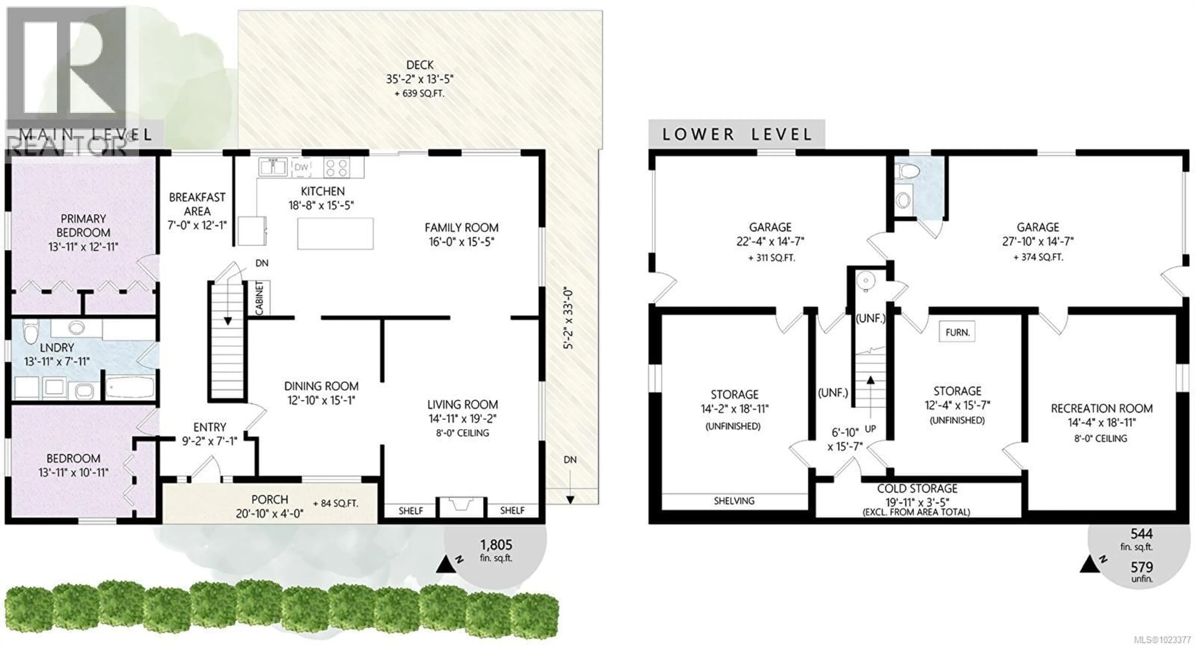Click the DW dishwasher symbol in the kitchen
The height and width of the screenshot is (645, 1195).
(x=301, y=167)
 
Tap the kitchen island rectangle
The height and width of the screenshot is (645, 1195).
(x=335, y=234)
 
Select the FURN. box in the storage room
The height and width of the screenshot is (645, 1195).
(x=957, y=332)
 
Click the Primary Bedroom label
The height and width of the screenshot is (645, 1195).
(x=83, y=225)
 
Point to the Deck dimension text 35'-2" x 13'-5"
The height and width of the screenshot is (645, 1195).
(x=419, y=79)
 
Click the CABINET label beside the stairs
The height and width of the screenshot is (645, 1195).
(x=259, y=298)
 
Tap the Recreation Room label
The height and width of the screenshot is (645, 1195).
(x=1101, y=409)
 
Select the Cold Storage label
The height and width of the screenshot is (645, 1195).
(x=917, y=489)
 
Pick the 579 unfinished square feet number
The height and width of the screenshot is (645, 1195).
(x=1141, y=567)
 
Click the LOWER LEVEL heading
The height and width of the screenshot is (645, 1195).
(x=736, y=134)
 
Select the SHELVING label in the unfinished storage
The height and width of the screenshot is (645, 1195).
(x=734, y=501)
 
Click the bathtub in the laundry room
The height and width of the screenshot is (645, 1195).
(x=130, y=387)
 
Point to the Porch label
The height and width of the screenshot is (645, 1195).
(x=269, y=499)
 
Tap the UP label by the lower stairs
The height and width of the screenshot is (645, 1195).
(x=870, y=429)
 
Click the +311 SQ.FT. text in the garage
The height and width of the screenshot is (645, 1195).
(x=771, y=258)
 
